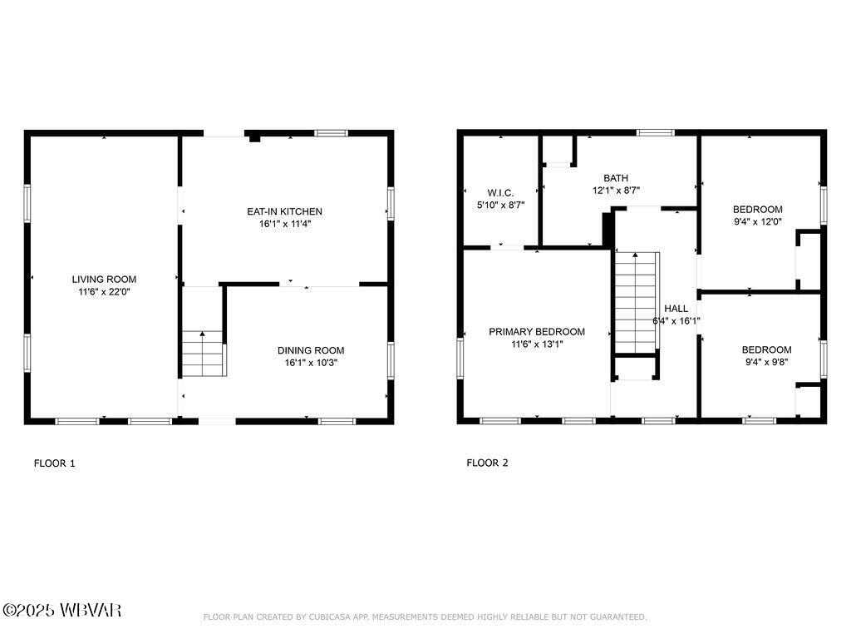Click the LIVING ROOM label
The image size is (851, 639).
(x=104, y=280)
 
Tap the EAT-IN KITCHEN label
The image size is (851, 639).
(x=284, y=211)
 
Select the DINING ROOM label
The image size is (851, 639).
(x=311, y=350)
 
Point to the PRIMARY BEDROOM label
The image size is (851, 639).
(x=537, y=331)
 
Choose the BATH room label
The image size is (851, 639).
(x=616, y=178)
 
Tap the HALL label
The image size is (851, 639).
(x=676, y=309)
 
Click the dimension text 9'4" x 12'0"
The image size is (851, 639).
(x=757, y=221)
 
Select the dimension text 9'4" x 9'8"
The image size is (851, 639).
(x=766, y=362)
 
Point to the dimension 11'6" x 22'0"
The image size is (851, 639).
(x=104, y=292)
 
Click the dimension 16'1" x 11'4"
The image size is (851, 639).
(x=284, y=223)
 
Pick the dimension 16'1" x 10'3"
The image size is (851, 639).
(x=311, y=362)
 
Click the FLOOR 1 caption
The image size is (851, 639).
(x=54, y=463)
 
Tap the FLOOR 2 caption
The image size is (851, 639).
(x=487, y=463)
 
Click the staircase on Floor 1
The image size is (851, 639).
(x=203, y=354)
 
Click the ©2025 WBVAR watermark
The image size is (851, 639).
(x=62, y=611)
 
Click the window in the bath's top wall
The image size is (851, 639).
(x=656, y=132)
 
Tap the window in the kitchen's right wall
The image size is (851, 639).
(x=391, y=203)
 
